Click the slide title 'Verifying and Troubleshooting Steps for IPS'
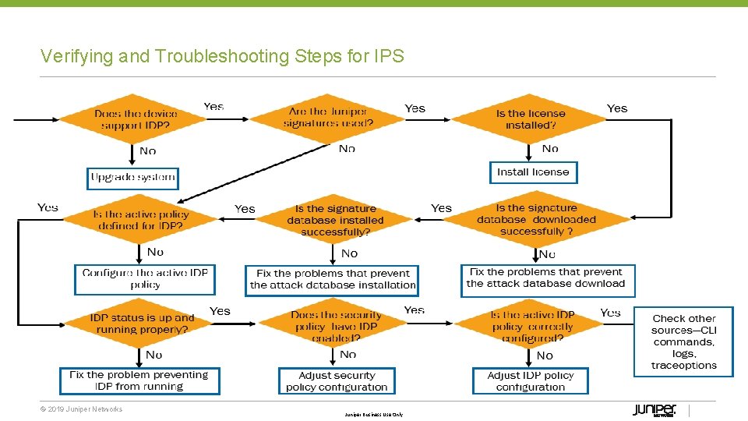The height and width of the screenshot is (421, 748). [x=222, y=56]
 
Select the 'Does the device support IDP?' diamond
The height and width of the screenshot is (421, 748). [x=136, y=119]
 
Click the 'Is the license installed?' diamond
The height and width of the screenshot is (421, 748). [x=531, y=119]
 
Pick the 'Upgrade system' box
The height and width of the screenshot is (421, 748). [x=133, y=178]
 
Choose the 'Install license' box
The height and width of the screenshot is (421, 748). [x=534, y=172]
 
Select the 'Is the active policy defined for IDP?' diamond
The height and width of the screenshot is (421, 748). [x=141, y=220]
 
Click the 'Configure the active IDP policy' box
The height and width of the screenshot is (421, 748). [x=146, y=279]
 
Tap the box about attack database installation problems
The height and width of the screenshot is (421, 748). [x=333, y=280]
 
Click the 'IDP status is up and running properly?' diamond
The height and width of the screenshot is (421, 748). [x=141, y=324]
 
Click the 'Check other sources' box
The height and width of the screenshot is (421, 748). [x=684, y=341]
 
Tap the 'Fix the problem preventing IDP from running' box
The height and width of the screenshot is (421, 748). [x=138, y=380]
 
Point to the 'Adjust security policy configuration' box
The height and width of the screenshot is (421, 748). [x=337, y=381]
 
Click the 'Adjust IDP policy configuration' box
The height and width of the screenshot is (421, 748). [x=531, y=381]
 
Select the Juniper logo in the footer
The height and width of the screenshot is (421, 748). [x=654, y=410]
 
